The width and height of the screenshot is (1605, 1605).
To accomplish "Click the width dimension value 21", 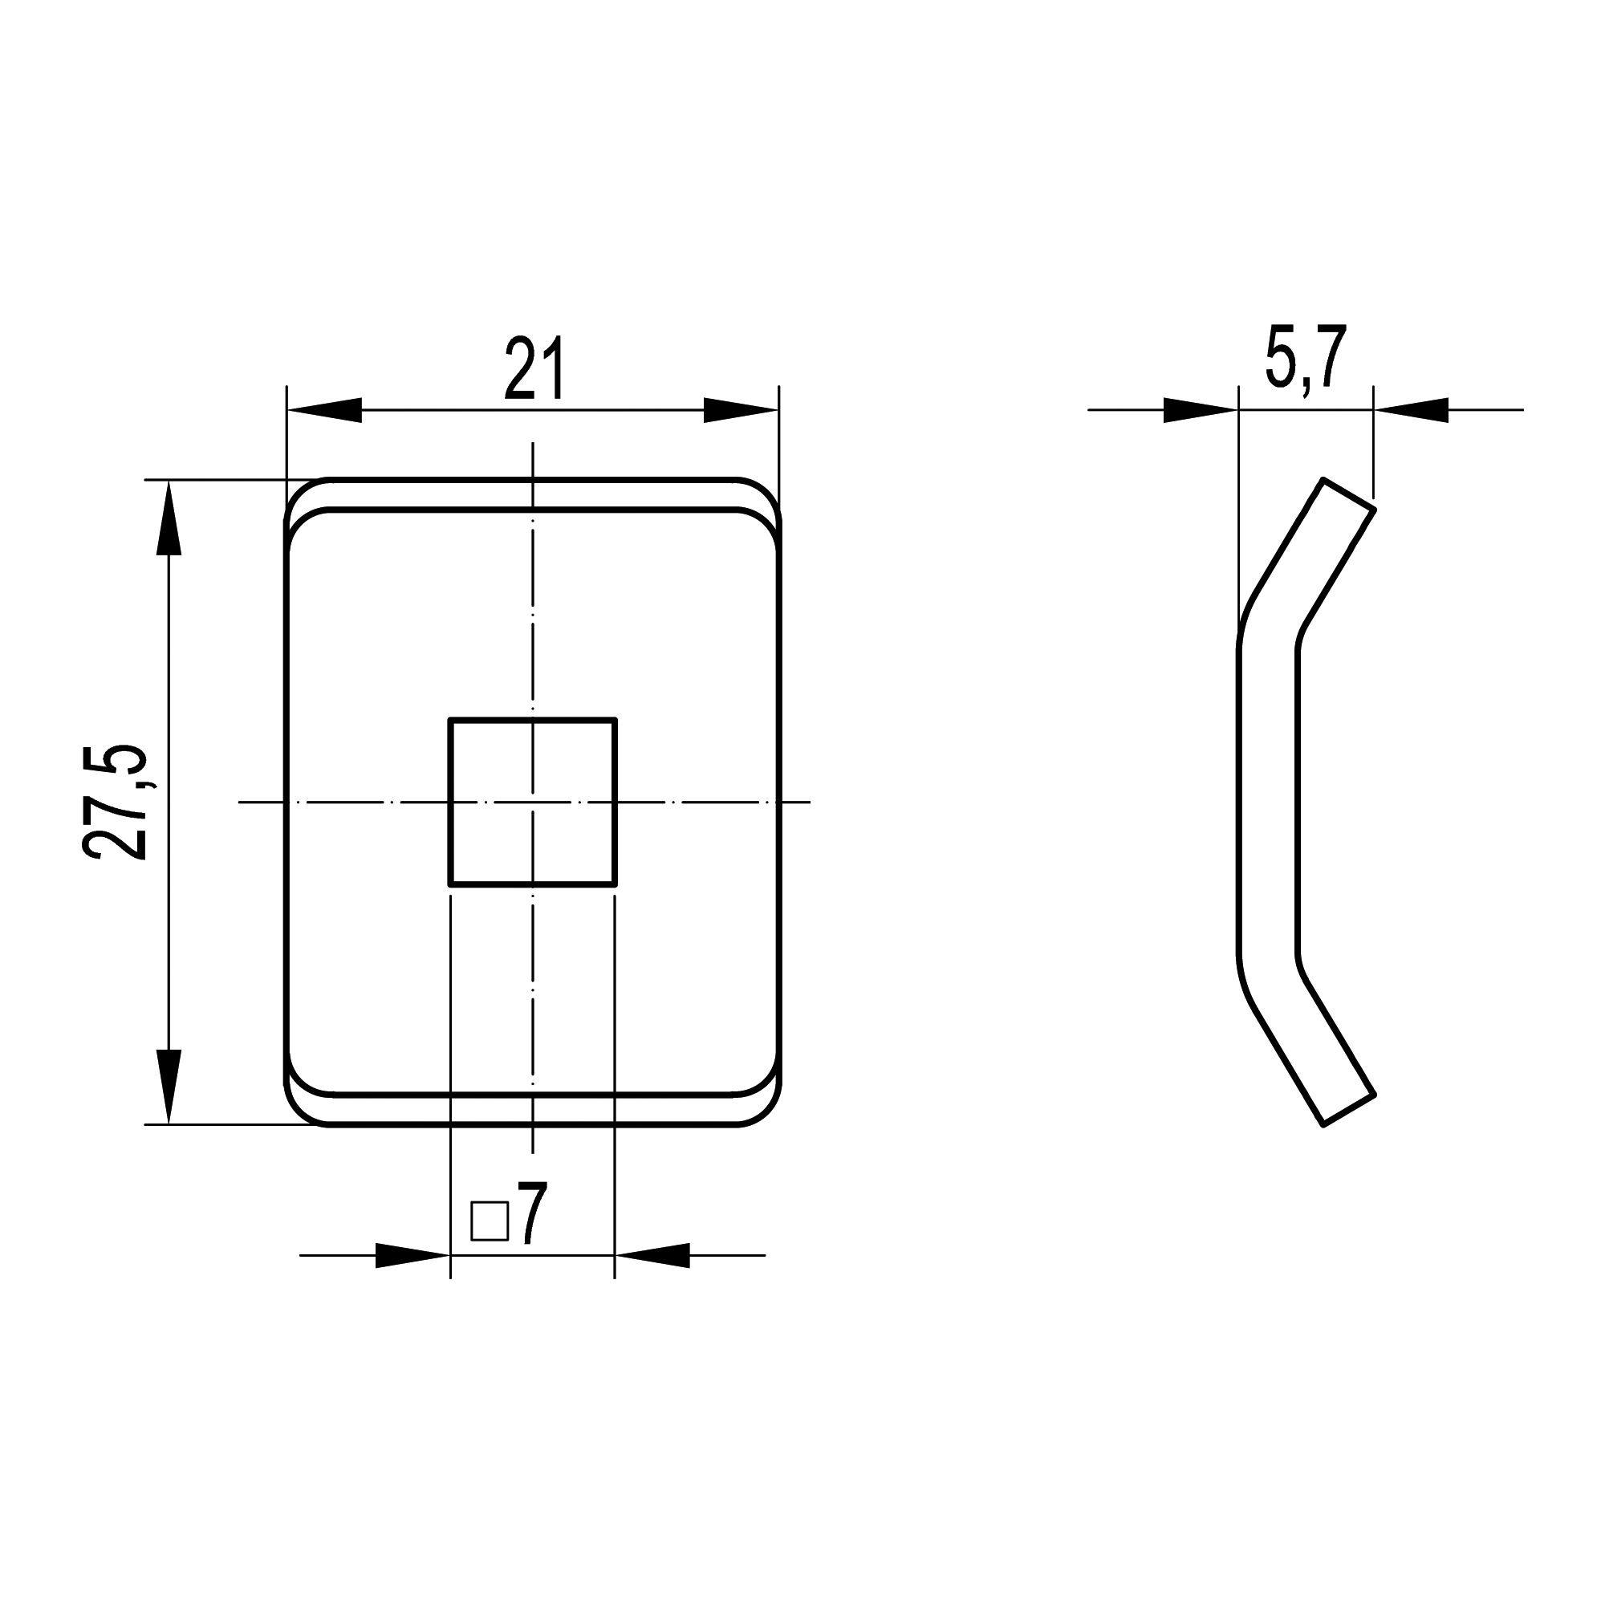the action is click(x=535, y=368).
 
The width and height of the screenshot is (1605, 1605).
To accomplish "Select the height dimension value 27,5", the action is click(x=116, y=802).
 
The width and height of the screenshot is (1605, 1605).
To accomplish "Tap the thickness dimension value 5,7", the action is click(x=1304, y=358).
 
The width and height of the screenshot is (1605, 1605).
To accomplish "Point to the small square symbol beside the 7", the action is click(x=490, y=1221).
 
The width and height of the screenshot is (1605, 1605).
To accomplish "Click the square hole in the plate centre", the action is click(x=533, y=802).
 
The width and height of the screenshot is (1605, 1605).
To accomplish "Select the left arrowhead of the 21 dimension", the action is click(x=324, y=409).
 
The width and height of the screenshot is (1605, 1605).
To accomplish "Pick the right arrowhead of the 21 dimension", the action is click(x=741, y=409).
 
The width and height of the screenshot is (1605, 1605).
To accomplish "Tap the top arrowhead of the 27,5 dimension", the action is click(x=169, y=518).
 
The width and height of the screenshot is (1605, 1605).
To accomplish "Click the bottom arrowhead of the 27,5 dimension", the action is click(x=169, y=1087).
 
